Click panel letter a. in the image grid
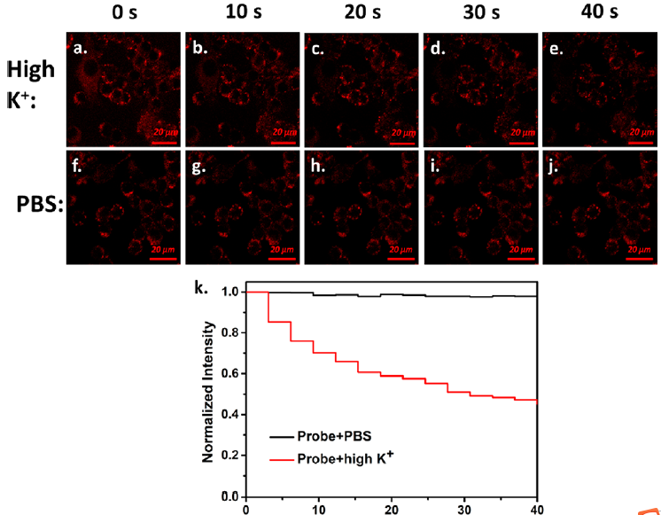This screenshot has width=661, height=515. pos(81,49)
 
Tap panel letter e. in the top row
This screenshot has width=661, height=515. pos(556,49)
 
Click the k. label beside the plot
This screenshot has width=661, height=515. pos(202,289)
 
